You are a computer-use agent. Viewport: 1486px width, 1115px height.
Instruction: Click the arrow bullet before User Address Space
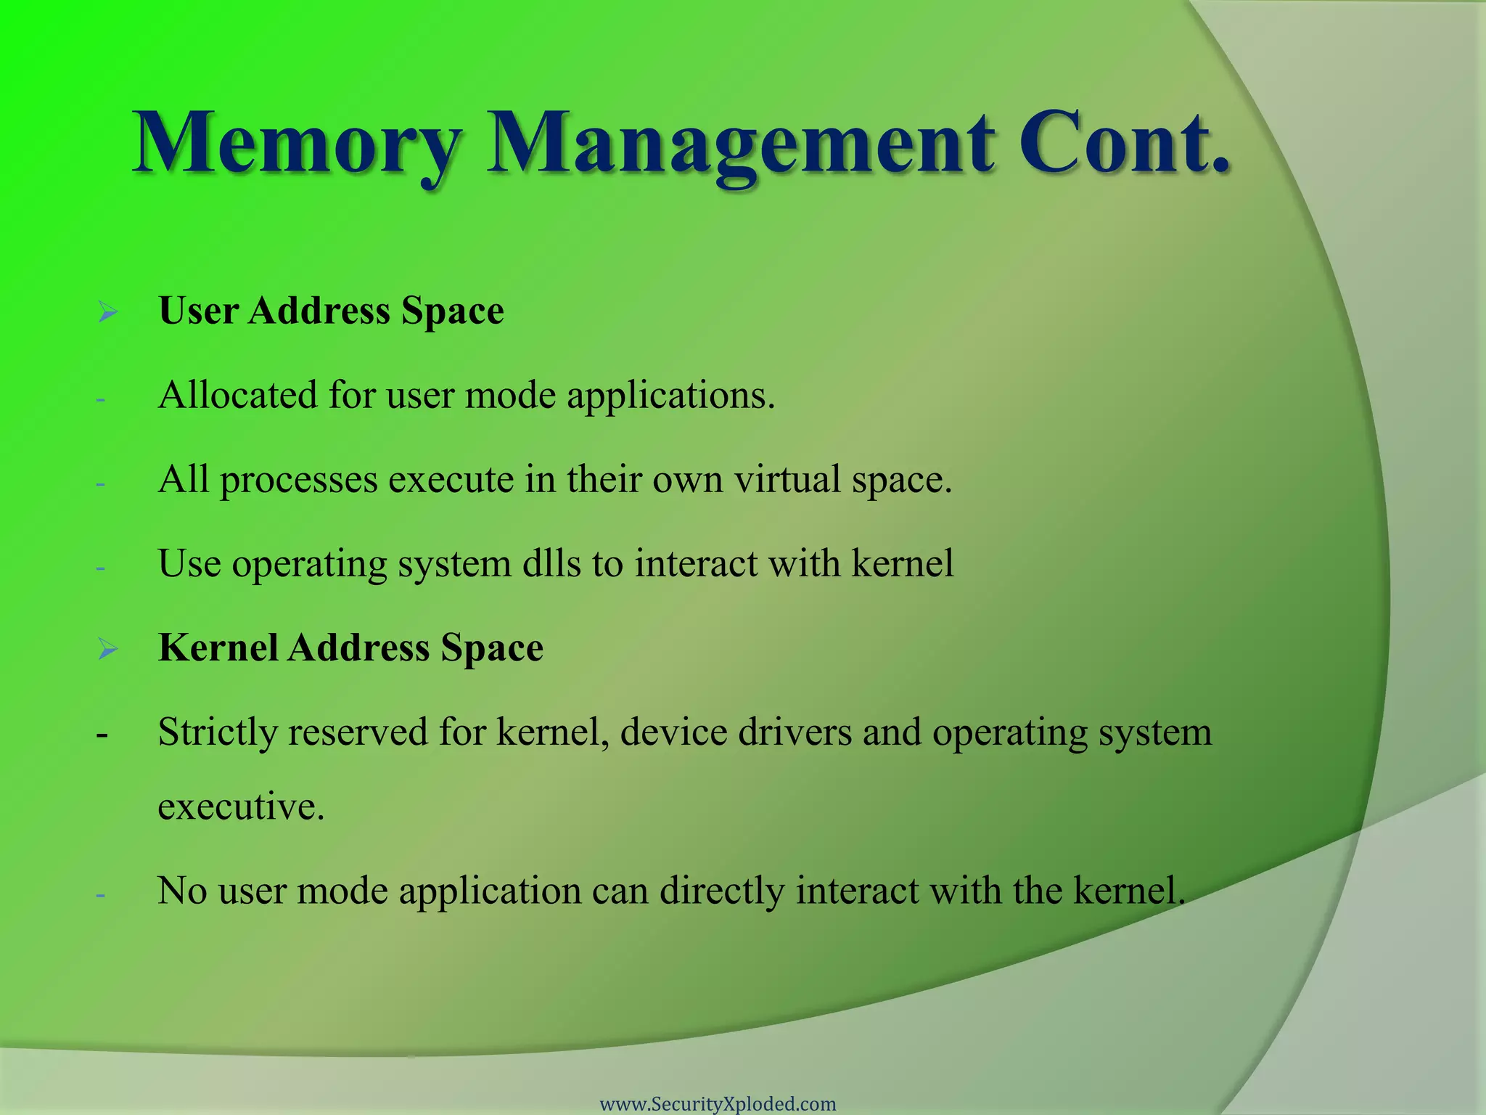(107, 313)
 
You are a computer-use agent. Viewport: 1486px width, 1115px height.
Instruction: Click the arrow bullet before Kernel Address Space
(107, 650)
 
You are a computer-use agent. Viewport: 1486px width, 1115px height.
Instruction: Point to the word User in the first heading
(198, 311)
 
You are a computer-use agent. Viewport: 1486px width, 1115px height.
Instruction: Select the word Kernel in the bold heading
(218, 648)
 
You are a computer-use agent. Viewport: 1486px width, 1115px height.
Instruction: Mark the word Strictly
(218, 732)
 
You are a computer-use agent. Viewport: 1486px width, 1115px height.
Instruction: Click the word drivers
(795, 732)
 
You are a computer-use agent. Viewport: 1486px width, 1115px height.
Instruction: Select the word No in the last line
(182, 891)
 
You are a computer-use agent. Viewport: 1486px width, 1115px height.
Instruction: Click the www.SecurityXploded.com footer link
(718, 1104)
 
